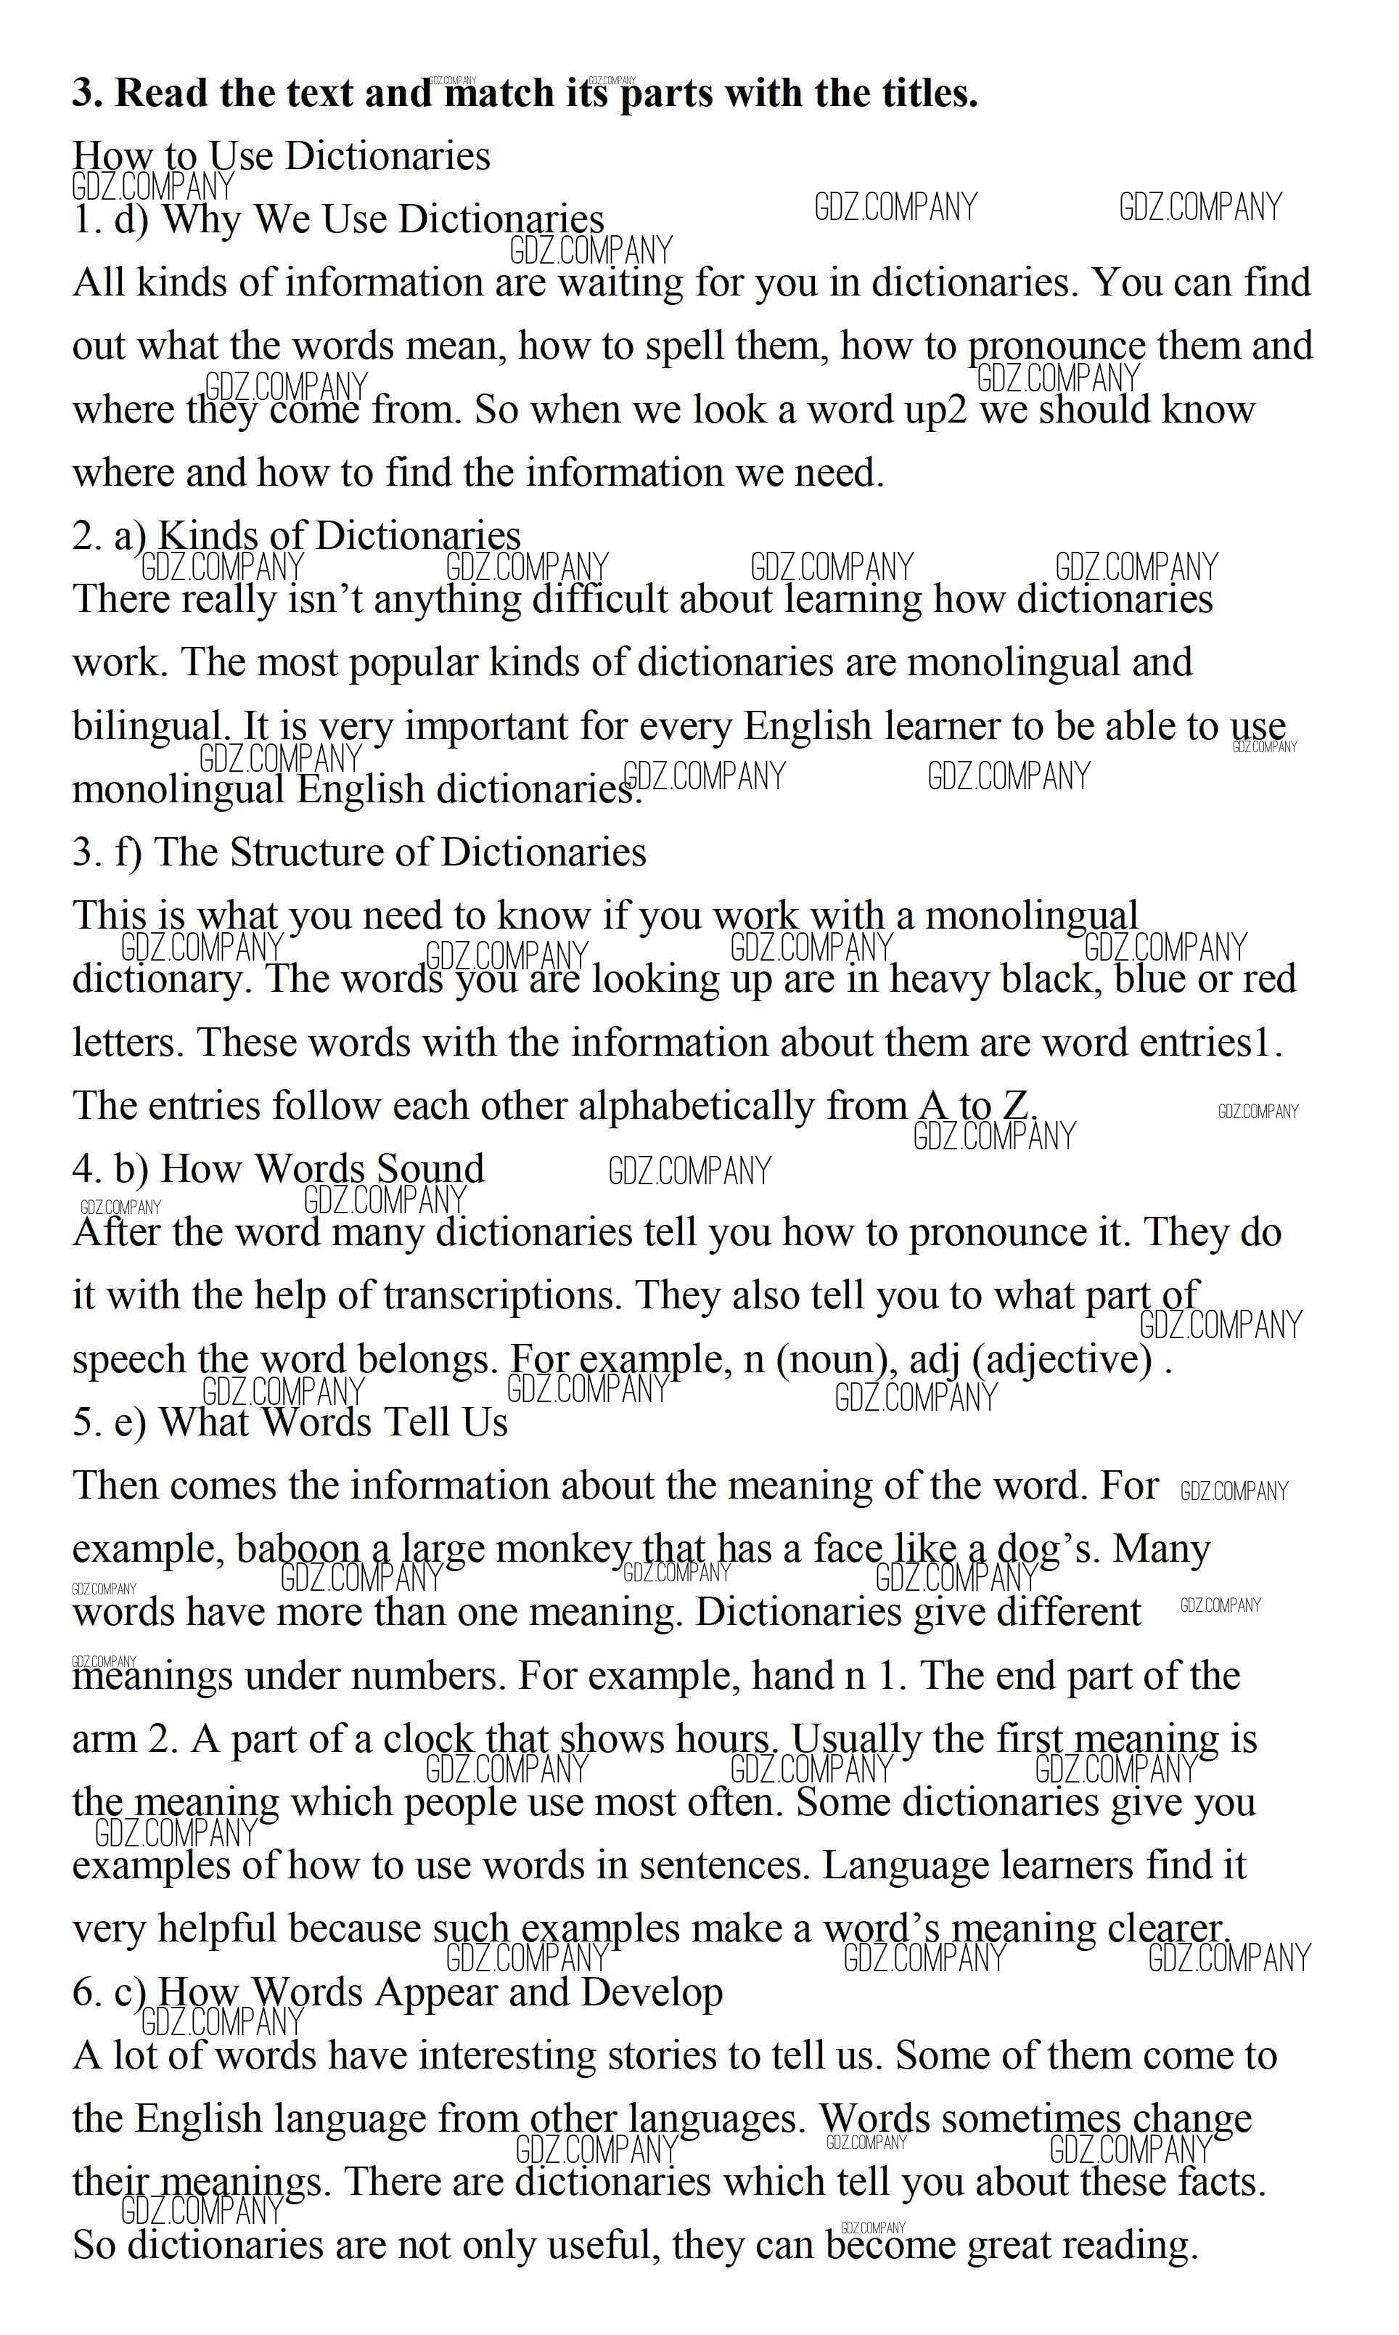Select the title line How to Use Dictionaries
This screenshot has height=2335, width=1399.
(x=281, y=157)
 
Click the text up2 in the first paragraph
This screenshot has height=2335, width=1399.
(x=935, y=410)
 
